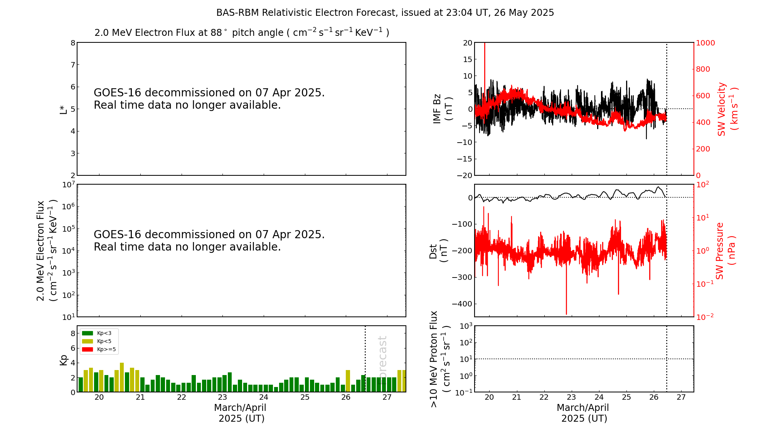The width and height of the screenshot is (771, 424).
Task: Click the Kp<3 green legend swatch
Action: pyautogui.click(x=88, y=333)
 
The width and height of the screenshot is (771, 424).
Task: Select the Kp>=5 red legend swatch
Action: pyautogui.click(x=88, y=350)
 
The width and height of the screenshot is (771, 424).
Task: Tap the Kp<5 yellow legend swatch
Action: pyautogui.click(x=88, y=341)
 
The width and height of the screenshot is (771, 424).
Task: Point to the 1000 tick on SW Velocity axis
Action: pyautogui.click(x=705, y=43)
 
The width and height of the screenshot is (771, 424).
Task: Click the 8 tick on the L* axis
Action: pyautogui.click(x=73, y=43)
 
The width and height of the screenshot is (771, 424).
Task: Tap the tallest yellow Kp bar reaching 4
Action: pyautogui.click(x=122, y=377)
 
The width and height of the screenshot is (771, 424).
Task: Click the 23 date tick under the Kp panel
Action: pyautogui.click(x=222, y=397)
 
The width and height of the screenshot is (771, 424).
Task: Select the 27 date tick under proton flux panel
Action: pyautogui.click(x=681, y=397)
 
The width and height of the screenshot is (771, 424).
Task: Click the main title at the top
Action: pyautogui.click(x=385, y=13)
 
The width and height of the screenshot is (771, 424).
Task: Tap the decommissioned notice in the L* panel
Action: pyautogui.click(x=209, y=99)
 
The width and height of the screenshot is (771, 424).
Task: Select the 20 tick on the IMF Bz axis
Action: pyautogui.click(x=468, y=43)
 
